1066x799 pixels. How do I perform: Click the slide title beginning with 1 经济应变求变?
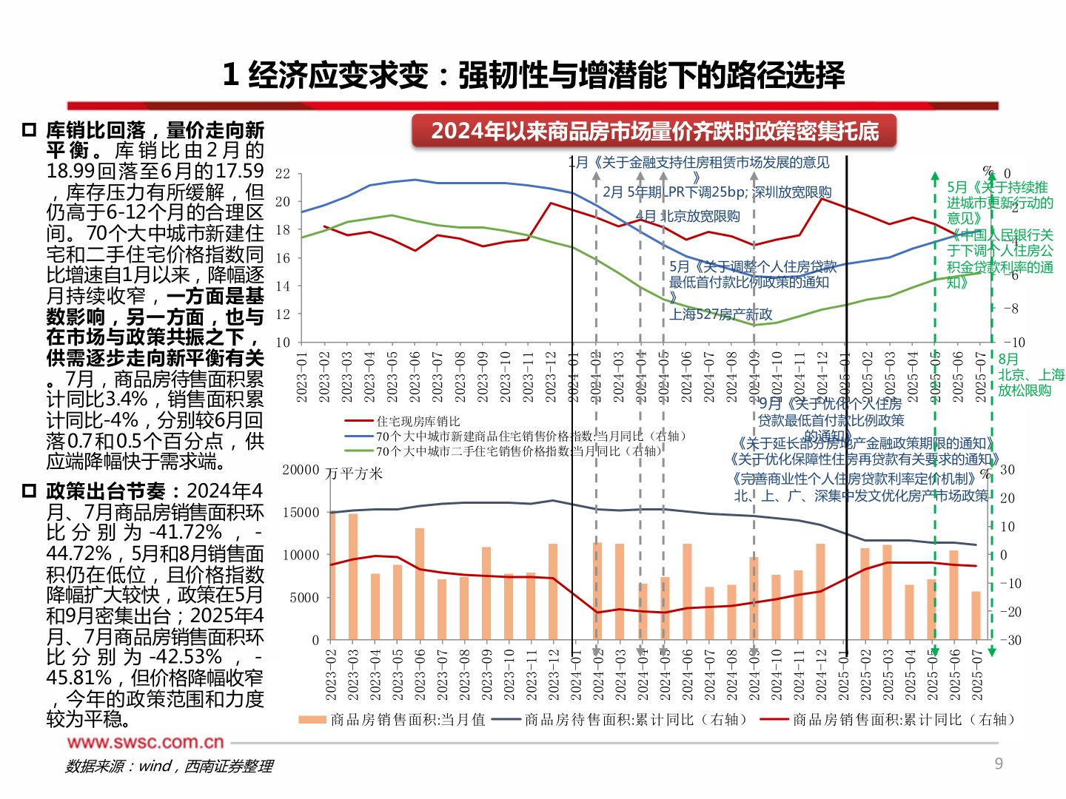click(x=533, y=75)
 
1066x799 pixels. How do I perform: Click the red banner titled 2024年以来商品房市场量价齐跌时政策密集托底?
click(x=654, y=132)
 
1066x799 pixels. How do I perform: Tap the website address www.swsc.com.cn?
click(x=145, y=742)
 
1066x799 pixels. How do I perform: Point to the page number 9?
click(x=999, y=763)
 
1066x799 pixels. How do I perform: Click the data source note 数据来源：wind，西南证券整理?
click(x=169, y=766)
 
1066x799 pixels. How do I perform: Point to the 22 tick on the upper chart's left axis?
click(x=283, y=174)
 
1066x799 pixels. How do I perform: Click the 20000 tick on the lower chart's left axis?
click(x=301, y=471)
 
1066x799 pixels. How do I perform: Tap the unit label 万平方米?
click(x=355, y=473)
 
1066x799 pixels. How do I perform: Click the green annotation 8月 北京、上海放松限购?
click(x=1030, y=374)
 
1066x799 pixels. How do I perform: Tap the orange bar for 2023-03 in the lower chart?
click(x=353, y=577)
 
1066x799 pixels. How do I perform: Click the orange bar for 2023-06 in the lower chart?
click(x=420, y=584)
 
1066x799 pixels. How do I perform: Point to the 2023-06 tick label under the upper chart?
click(x=415, y=377)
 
